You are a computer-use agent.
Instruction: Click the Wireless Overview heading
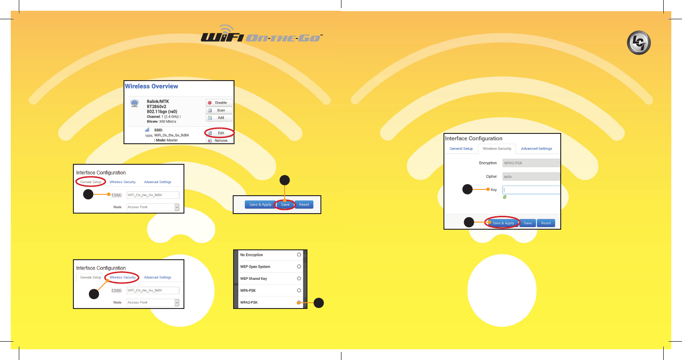pyautogui.click(x=151, y=86)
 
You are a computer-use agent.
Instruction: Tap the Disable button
pyautogui.click(x=219, y=103)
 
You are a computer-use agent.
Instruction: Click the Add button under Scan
pyautogui.click(x=219, y=118)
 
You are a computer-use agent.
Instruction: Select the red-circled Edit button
pyautogui.click(x=219, y=133)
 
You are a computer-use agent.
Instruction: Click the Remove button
pyautogui.click(x=219, y=141)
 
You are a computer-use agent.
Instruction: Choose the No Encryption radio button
pyautogui.click(x=299, y=255)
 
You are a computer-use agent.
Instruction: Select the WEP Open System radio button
pyautogui.click(x=299, y=266)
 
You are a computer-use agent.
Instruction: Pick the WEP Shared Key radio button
pyautogui.click(x=299, y=279)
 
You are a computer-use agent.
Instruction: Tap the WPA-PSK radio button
pyautogui.click(x=299, y=291)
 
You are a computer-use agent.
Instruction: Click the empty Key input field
pyautogui.click(x=531, y=190)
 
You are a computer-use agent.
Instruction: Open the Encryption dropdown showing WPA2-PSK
pyautogui.click(x=531, y=163)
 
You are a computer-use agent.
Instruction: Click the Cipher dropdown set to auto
pyautogui.click(x=531, y=176)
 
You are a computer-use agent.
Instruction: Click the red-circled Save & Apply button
pyautogui.click(x=503, y=223)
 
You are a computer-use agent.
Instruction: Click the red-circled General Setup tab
pyautogui.click(x=91, y=182)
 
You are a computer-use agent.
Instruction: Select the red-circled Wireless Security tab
pyautogui.click(x=123, y=278)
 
